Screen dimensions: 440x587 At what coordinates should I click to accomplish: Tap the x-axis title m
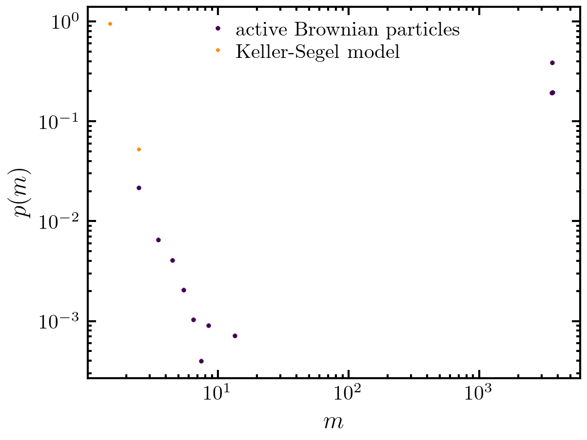(334, 422)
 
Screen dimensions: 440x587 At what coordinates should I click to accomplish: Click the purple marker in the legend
(218, 29)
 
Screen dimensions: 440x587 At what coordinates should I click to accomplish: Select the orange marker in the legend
(218, 51)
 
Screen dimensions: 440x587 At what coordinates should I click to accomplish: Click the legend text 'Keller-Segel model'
(317, 51)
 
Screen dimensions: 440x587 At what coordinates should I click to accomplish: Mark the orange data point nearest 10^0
(110, 24)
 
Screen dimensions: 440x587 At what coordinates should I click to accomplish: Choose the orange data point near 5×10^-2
(139, 149)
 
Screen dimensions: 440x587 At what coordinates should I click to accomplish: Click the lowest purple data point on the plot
(201, 361)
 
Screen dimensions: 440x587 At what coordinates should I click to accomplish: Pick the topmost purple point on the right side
(552, 63)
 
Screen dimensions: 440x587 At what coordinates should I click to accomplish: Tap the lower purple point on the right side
(552, 93)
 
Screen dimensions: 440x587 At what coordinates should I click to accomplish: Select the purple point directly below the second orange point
(139, 188)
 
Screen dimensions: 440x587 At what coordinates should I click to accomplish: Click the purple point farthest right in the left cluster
(235, 336)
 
